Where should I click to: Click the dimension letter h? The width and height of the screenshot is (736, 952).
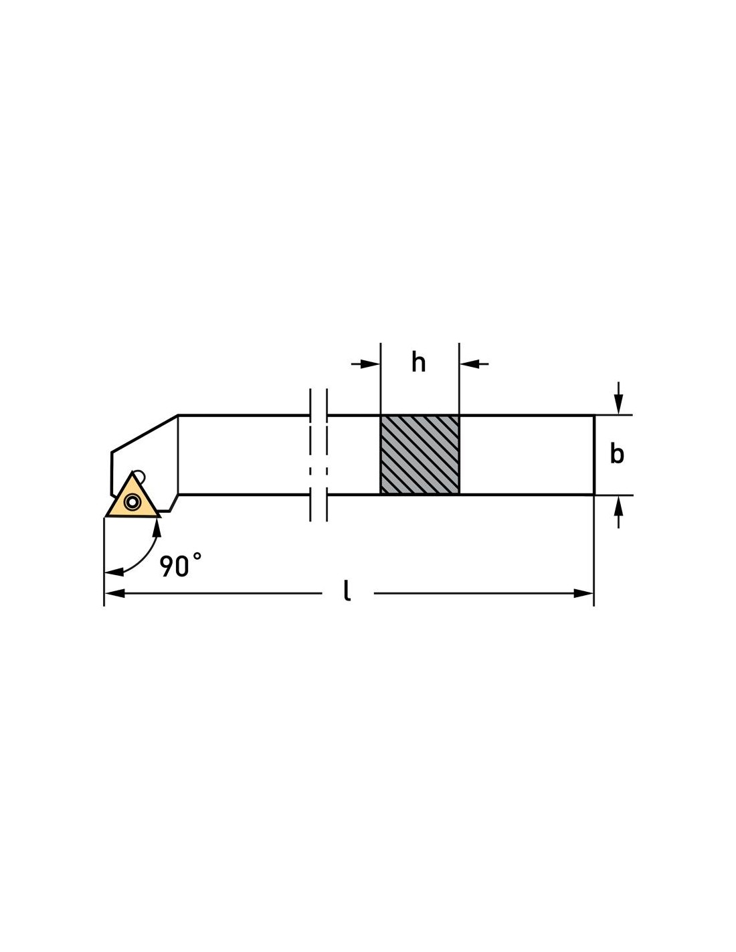(418, 363)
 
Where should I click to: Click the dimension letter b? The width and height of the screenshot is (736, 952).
(616, 454)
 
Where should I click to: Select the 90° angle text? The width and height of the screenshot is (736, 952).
(180, 565)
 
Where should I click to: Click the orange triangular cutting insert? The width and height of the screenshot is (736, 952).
(132, 499)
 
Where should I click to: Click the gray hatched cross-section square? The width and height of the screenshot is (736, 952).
(420, 455)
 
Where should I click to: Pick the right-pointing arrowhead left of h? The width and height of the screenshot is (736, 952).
(370, 364)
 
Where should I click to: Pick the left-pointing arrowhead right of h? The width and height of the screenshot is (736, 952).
(469, 364)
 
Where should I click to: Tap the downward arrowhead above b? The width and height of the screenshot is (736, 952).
(618, 404)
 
